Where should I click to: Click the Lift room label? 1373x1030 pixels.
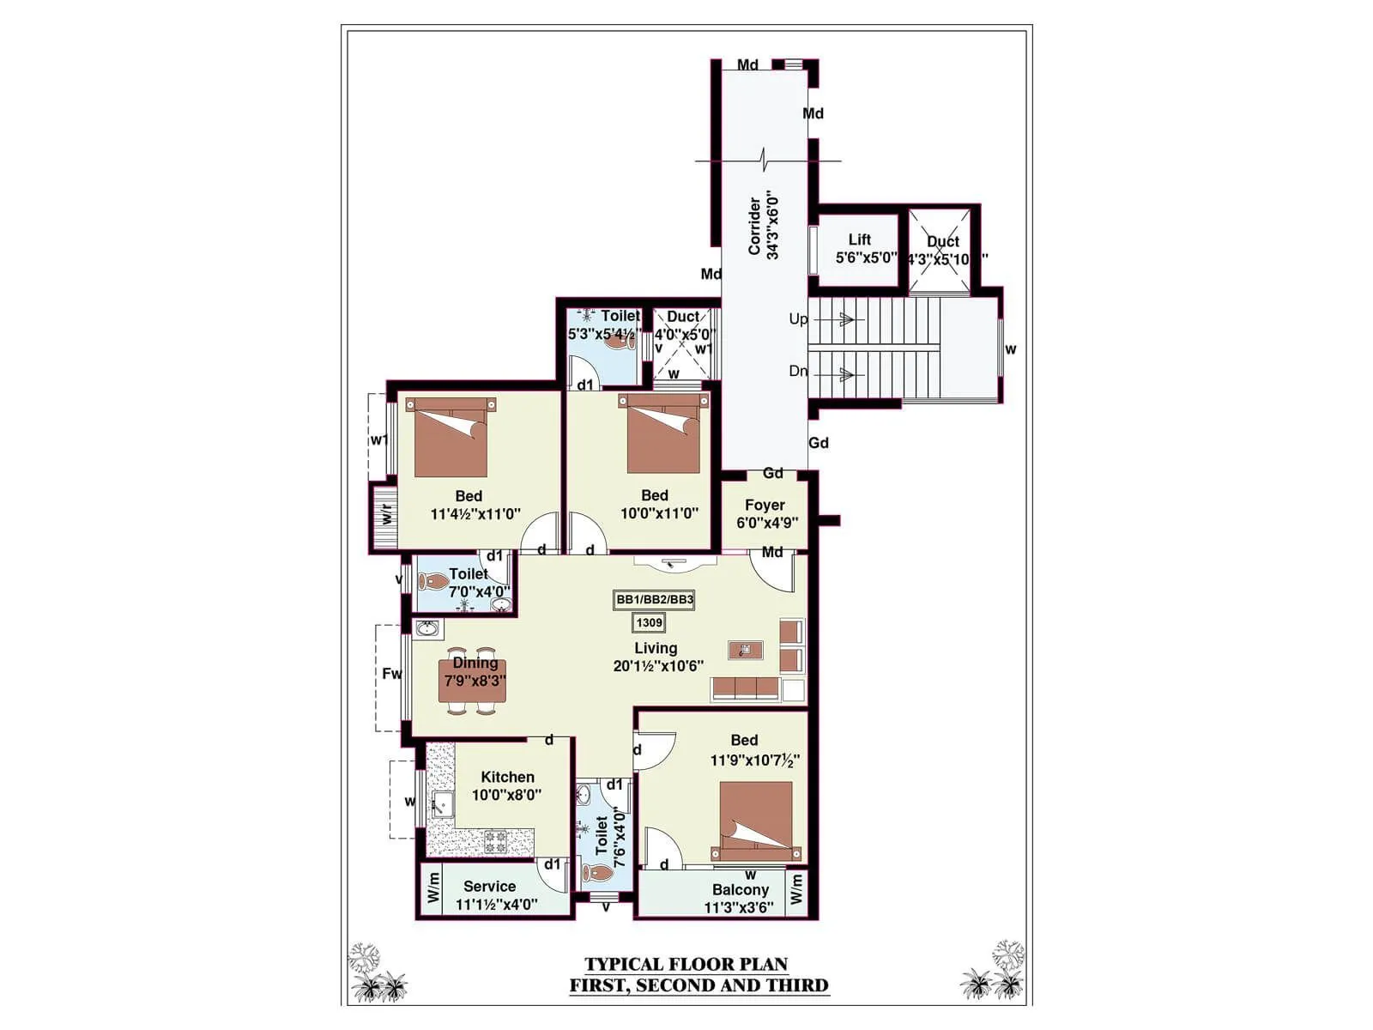point(860,240)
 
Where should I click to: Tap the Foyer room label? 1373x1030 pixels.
point(765,506)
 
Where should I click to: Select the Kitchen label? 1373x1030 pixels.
point(507,777)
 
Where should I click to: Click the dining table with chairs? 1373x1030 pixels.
point(473,681)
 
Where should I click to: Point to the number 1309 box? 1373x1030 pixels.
point(650,623)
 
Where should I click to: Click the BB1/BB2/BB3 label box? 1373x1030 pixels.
point(654,600)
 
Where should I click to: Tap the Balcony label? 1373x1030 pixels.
point(740,890)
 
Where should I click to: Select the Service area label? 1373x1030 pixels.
point(489,887)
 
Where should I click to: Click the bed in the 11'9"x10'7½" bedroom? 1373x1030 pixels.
point(756,821)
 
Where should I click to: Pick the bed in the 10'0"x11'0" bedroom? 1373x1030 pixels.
point(663,435)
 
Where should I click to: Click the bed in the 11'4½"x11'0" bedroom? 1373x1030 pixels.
point(451,438)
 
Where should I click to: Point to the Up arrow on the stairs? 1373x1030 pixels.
point(844,320)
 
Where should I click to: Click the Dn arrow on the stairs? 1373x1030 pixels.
point(844,374)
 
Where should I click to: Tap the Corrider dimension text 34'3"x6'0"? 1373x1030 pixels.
point(773,225)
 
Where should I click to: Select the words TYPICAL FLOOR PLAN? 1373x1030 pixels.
point(686,965)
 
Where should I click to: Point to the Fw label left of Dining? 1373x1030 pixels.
point(391,674)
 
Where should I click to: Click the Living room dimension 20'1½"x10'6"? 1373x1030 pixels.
point(658,666)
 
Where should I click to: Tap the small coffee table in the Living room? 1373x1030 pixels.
point(745,650)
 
